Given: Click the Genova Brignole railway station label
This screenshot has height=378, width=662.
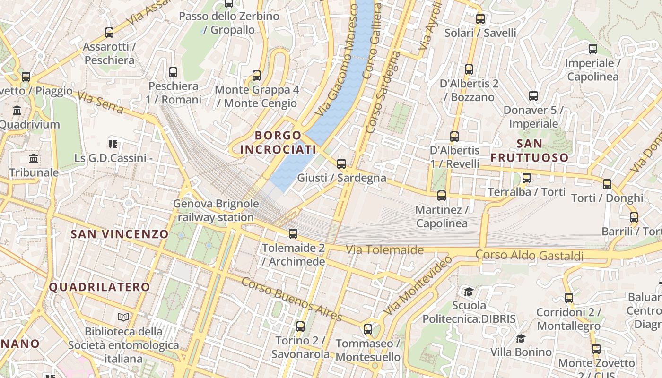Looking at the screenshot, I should pos(216,211).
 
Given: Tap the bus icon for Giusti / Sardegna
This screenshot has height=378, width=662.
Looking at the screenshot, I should pos(341,164).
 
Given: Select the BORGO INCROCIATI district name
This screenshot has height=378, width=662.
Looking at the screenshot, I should pos(278,142).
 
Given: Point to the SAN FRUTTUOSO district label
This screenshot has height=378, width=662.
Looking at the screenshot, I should pos(529,150).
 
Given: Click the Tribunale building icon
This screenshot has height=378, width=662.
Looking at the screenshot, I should pos(34,158).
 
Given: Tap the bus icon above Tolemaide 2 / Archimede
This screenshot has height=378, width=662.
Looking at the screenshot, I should pos(293,233).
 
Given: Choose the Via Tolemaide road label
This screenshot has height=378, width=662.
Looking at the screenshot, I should pos(384,249).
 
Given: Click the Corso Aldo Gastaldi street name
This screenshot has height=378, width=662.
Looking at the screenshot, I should pos(529,256).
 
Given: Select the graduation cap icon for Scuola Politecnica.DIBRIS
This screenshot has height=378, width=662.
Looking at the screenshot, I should pos(469,292).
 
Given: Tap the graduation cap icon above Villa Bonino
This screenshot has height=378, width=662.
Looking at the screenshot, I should pos(521,338).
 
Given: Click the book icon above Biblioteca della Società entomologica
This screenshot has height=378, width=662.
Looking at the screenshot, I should pos(123,317).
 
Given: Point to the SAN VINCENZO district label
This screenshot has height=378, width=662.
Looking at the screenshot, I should pos(119,234).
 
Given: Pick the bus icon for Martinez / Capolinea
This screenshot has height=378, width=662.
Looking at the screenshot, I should pos(442,195).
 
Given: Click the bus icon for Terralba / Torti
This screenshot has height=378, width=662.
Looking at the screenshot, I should pos(527,178).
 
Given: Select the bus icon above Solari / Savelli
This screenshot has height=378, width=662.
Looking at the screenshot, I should pos(480,19).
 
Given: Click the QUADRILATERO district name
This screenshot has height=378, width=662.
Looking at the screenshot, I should pos(99,287).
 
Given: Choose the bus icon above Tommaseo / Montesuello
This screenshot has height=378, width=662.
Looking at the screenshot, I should pos(368,329).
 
